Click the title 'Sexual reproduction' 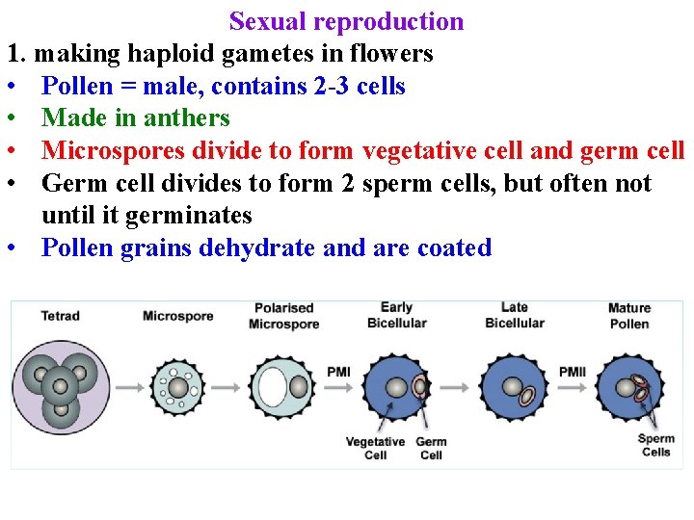tap(346, 21)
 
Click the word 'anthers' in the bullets tap(187, 118)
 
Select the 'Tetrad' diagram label tap(60, 316)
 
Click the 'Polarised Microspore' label tap(283, 316)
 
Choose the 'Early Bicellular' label tap(396, 316)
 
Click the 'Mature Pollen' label tap(629, 316)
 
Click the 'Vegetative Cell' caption tap(376, 449)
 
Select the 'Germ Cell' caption tap(431, 449)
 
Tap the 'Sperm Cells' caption tap(655, 445)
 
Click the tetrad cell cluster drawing tap(60, 388)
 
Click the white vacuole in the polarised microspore tap(273, 388)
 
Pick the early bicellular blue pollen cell tap(397, 388)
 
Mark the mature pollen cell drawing tap(630, 388)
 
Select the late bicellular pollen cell tap(514, 388)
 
